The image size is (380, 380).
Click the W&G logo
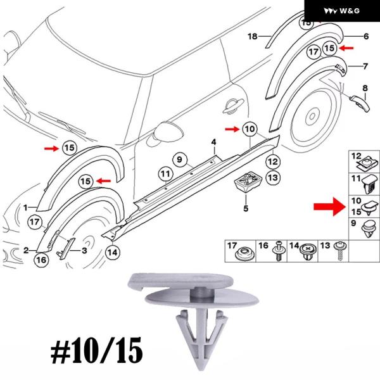342,11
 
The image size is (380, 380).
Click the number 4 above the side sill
213,142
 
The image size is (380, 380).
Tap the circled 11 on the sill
165,173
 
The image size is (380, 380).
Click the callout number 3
84,251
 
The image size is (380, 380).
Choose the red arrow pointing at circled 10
232,130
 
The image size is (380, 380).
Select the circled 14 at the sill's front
112,252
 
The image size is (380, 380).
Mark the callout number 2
27,250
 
